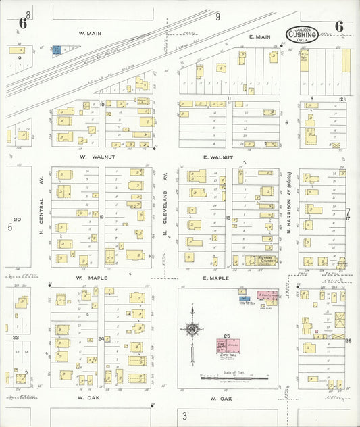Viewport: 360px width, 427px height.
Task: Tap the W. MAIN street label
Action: (89, 32)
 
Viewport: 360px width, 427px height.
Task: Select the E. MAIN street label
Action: (259, 36)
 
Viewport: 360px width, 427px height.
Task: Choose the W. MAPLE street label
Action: (88, 278)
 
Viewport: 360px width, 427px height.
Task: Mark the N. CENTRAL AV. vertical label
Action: (42, 212)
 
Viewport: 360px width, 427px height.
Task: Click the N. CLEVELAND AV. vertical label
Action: (164, 212)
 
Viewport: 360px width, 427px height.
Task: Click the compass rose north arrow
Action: (192, 329)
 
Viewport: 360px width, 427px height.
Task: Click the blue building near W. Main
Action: (57, 49)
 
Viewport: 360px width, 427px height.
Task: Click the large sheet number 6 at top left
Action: (22, 24)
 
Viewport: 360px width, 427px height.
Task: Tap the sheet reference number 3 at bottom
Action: (184, 416)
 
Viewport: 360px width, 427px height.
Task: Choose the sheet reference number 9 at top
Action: (217, 16)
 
